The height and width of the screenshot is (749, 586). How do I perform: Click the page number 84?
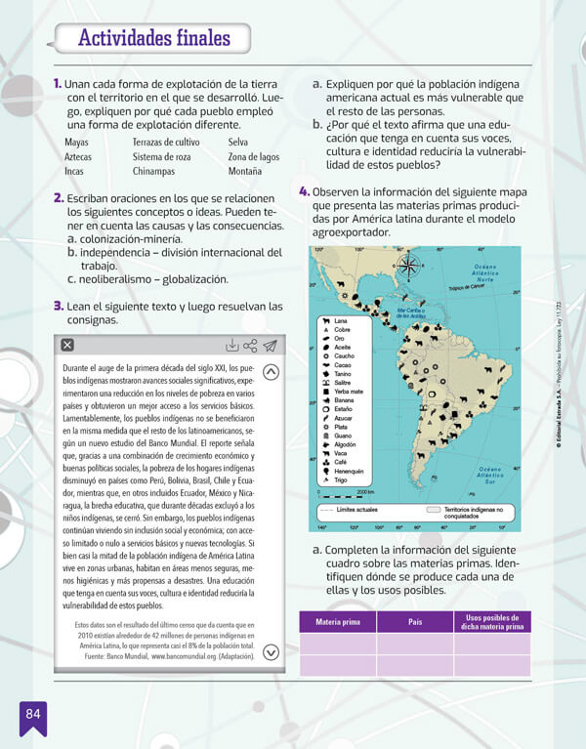click(x=32, y=714)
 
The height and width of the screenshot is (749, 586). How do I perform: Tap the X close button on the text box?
click(x=66, y=345)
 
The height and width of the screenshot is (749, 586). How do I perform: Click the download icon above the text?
click(x=231, y=345)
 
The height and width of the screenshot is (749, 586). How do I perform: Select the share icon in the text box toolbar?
click(x=251, y=345)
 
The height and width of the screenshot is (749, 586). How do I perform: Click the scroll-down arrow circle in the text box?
click(x=272, y=653)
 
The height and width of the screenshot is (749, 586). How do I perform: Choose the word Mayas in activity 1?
click(x=76, y=143)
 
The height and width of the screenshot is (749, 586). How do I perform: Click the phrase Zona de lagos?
click(x=253, y=157)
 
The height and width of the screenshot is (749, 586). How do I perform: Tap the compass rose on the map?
click(x=409, y=265)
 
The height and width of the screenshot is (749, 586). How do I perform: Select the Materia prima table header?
click(x=338, y=621)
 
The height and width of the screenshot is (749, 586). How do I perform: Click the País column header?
click(x=414, y=621)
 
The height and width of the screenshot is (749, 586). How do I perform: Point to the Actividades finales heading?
click(x=153, y=39)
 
